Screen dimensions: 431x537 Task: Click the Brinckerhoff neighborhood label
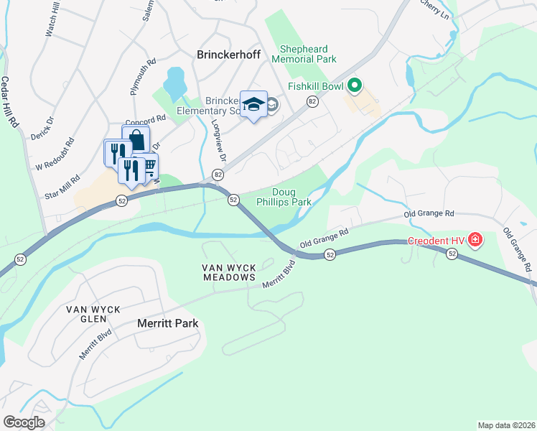click(x=228, y=53)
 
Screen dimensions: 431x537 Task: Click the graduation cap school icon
click(x=253, y=104)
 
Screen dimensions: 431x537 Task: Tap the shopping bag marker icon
click(x=136, y=139)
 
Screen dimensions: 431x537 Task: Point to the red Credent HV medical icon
click(x=475, y=240)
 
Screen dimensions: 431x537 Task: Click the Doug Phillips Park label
click(x=291, y=197)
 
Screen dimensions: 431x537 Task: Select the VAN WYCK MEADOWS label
click(x=228, y=272)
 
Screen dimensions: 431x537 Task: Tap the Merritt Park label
click(x=167, y=324)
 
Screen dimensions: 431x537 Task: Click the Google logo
click(x=24, y=422)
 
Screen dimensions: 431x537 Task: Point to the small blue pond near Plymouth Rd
click(x=174, y=84)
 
